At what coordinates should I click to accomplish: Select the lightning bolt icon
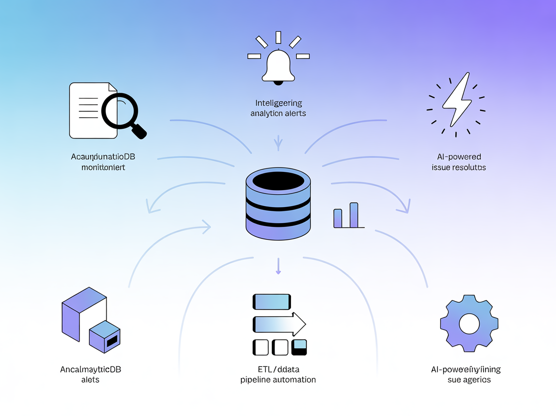tap(456, 100)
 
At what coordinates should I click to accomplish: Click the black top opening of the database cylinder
tap(278, 181)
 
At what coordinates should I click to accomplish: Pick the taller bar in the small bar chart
tap(354, 215)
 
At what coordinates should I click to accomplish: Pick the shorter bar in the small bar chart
tap(338, 218)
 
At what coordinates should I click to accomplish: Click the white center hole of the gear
tap(469, 323)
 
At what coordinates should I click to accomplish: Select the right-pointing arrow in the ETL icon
tap(279, 323)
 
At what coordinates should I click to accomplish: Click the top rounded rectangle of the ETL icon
tap(272, 302)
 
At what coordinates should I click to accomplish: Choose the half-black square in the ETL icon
tap(300, 347)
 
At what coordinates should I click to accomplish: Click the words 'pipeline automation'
tap(278, 380)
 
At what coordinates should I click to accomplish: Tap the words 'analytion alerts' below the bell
tap(278, 113)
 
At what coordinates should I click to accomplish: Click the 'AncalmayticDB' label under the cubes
tap(90, 370)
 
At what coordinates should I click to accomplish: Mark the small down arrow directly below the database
tap(278, 266)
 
